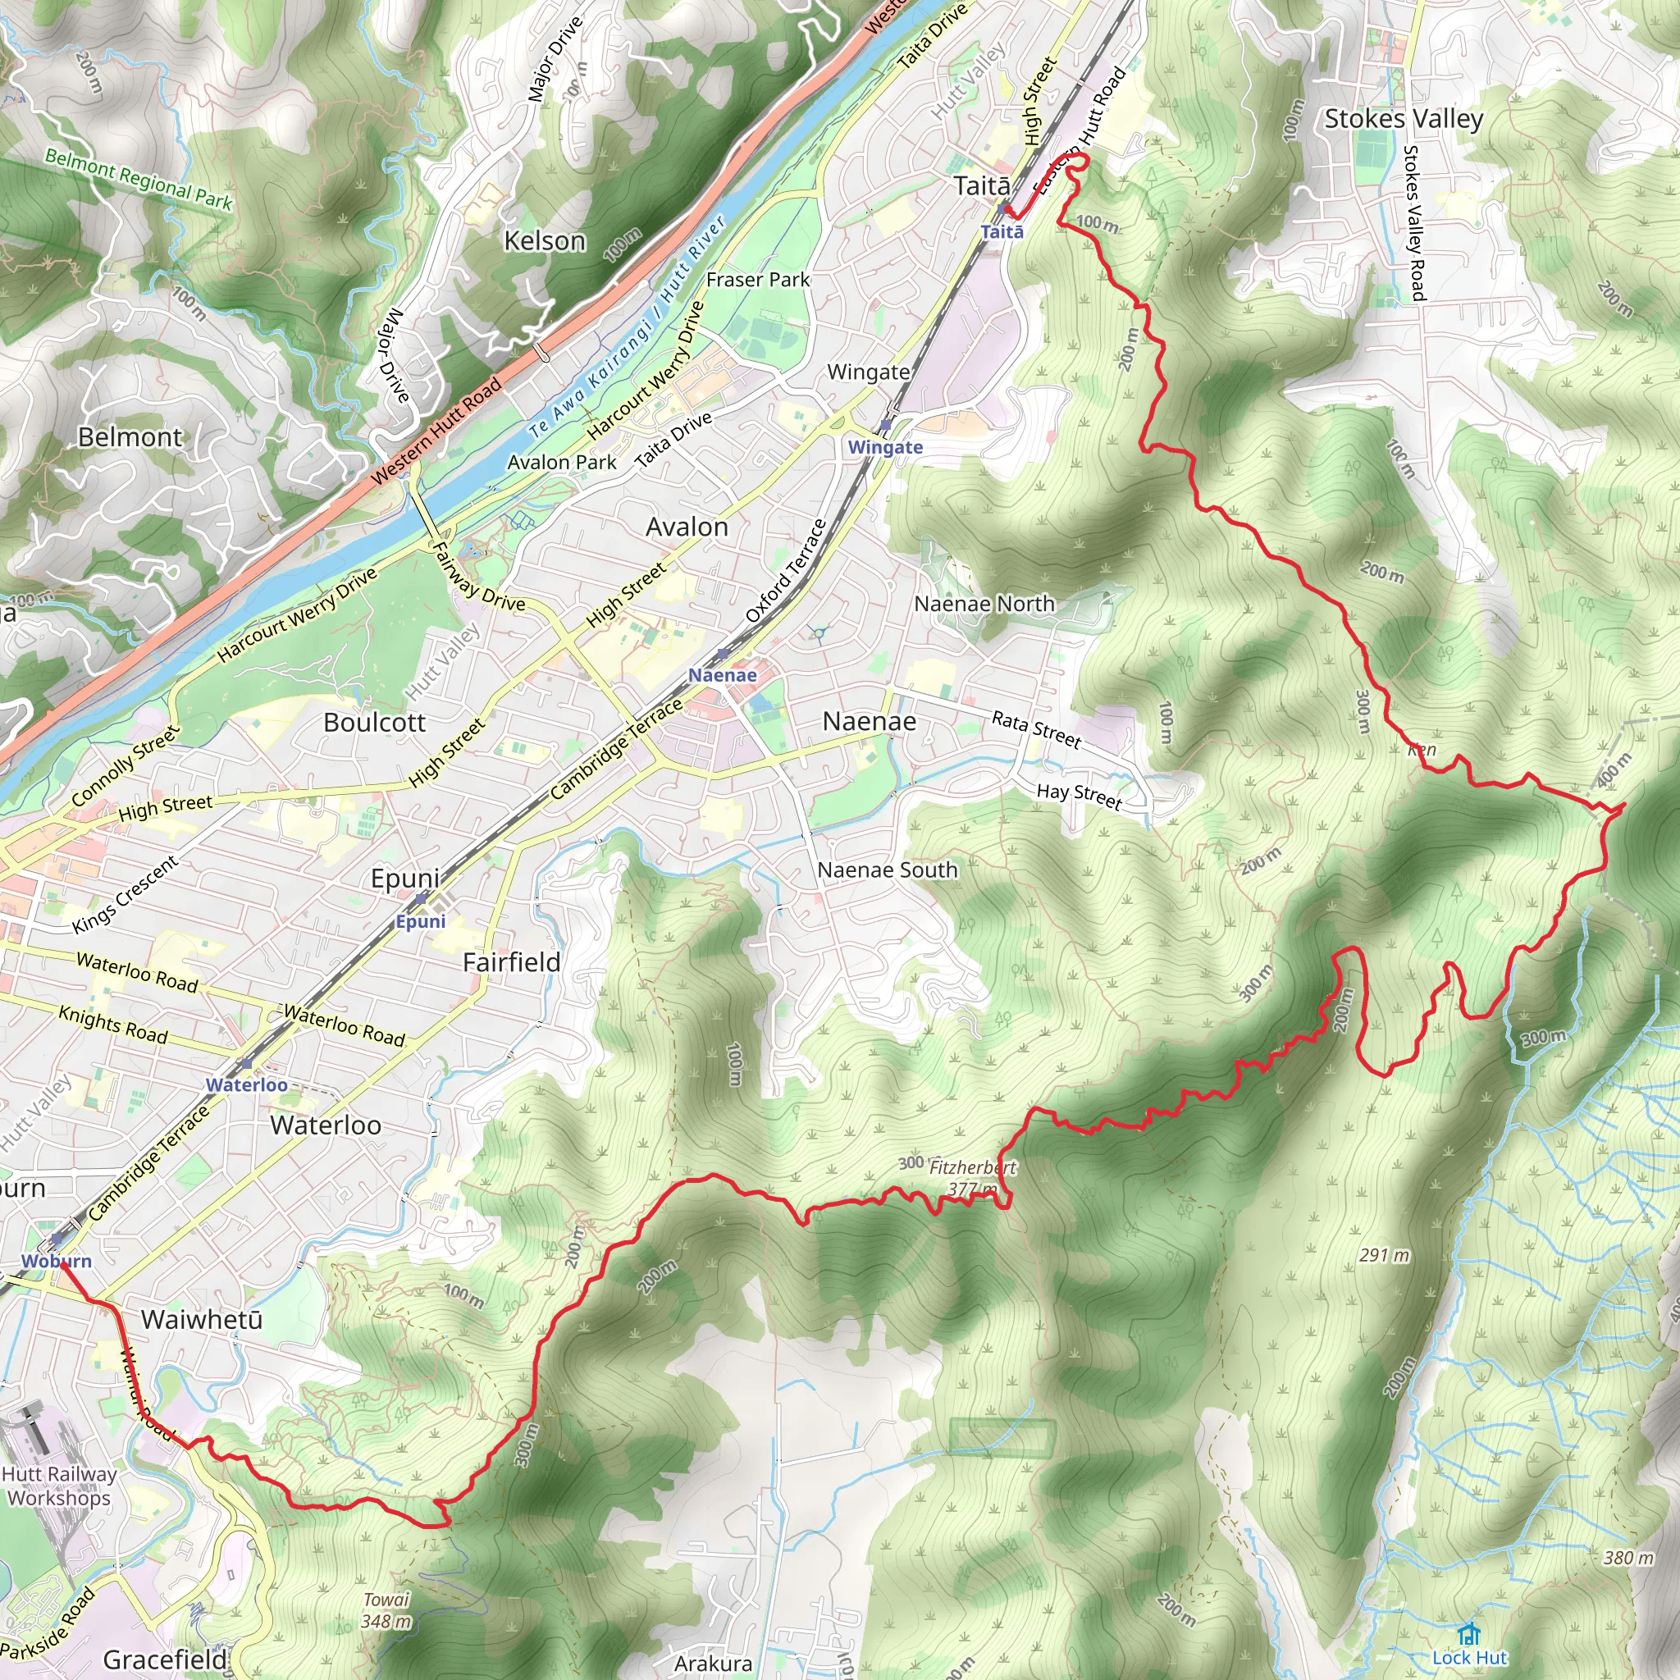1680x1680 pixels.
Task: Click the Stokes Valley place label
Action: [1404, 119]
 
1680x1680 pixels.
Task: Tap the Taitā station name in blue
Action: [1002, 232]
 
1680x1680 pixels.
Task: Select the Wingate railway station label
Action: [885, 447]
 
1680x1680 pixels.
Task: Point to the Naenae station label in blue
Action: [723, 675]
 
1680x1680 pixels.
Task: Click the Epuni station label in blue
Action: [421, 922]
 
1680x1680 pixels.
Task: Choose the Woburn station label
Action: [57, 1261]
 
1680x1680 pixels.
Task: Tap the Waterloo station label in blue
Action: [247, 1084]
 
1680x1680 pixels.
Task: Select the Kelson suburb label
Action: [546, 241]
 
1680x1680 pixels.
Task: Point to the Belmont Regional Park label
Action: [139, 179]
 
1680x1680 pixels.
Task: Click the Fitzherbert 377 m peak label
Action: [972, 1177]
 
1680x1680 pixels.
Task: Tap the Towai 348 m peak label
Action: [386, 1609]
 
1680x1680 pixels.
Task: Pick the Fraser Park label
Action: [757, 280]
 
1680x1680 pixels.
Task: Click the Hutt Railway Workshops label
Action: [59, 1486]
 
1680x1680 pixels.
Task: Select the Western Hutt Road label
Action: [436, 431]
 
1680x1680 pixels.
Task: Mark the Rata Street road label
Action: [1036, 729]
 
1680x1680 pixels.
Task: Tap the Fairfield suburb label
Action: [511, 962]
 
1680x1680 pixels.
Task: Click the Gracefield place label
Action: [165, 1659]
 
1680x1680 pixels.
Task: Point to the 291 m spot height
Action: [1385, 1256]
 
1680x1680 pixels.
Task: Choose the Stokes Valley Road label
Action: [1413, 222]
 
